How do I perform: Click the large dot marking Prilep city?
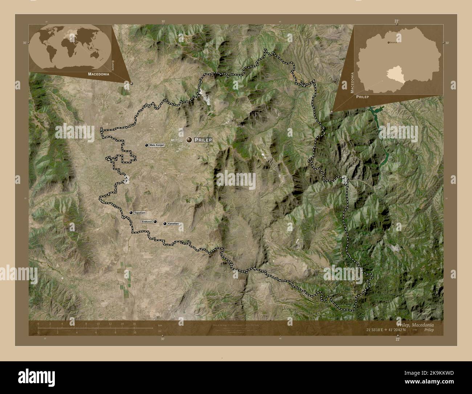pos(189,140)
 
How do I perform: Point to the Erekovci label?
pos(147,221)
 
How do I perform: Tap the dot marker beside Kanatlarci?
pos(165,224)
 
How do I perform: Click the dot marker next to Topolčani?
pos(131,213)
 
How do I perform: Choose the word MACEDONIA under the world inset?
pos(99,74)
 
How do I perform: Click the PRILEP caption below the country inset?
pos(362,97)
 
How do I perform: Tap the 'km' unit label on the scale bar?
pos(160,325)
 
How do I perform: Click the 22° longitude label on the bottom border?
pos(398,339)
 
